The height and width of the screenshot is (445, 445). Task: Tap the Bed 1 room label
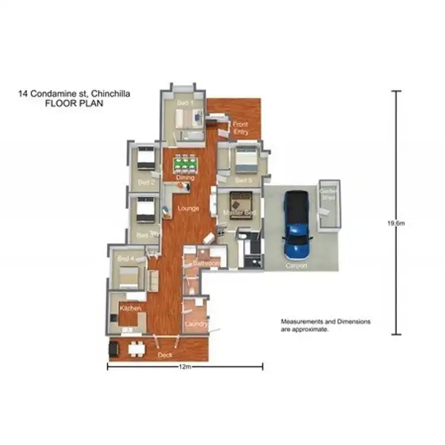pyautogui.click(x=185, y=103)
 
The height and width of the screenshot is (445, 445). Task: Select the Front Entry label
pyautogui.click(x=240, y=128)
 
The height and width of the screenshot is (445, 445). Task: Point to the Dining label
pyautogui.click(x=185, y=177)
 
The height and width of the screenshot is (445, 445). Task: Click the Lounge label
pyautogui.click(x=188, y=208)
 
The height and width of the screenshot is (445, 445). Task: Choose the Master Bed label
pyautogui.click(x=239, y=212)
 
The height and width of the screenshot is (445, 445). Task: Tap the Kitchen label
pyautogui.click(x=130, y=309)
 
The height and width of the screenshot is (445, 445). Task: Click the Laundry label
pyautogui.click(x=196, y=324)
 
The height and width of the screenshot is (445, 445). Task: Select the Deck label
pyautogui.click(x=165, y=355)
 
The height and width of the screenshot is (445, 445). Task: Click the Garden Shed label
pyautogui.click(x=328, y=194)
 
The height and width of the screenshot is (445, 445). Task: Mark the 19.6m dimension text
pyautogui.click(x=396, y=223)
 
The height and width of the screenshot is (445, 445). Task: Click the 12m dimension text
pyautogui.click(x=185, y=367)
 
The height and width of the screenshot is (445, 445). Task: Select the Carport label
pyautogui.click(x=296, y=266)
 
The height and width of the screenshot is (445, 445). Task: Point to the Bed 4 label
pyautogui.click(x=126, y=259)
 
